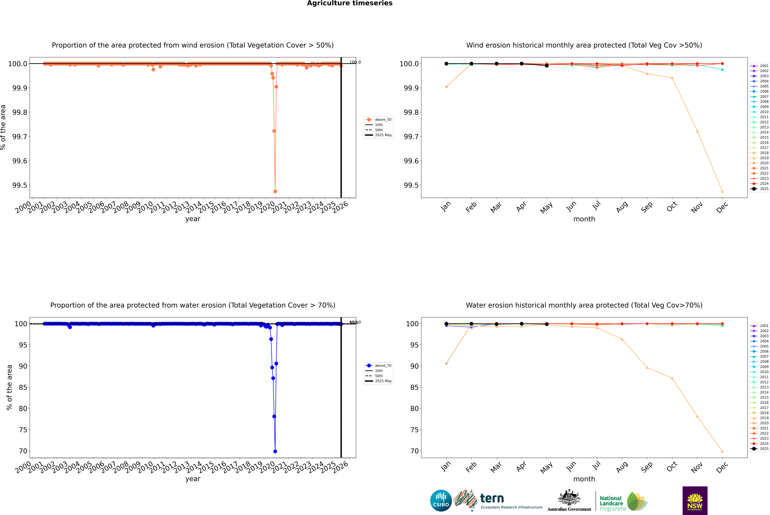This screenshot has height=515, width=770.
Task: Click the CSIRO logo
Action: (x=441, y=501)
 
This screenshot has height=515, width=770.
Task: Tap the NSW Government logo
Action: (x=695, y=501)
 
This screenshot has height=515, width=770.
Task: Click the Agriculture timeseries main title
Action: (x=350, y=3)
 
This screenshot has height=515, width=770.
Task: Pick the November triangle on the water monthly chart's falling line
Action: (x=697, y=416)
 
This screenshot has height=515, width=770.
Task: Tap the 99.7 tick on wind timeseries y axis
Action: (x=20, y=137)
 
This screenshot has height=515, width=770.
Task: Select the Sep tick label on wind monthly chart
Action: (x=647, y=207)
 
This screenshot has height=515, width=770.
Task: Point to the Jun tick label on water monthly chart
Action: (x=571, y=466)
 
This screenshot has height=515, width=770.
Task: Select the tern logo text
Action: (x=492, y=499)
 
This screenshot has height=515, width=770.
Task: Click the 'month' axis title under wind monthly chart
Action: (x=584, y=219)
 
